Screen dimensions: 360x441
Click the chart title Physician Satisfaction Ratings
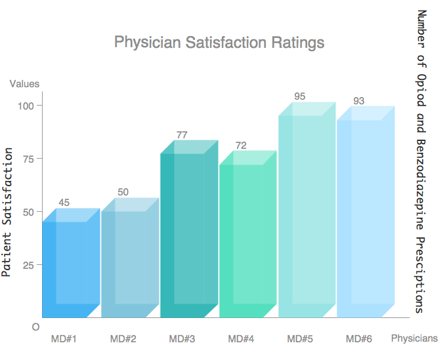219,43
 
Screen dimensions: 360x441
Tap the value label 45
64,203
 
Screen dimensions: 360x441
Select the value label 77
182,135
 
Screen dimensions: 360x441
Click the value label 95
300,96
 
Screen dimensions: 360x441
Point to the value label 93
359,100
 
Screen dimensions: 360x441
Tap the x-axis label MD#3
182,339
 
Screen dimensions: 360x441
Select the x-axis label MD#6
359,339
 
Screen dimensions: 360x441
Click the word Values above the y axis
24,83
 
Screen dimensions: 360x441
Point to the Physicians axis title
414,338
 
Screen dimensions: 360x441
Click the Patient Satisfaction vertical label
7,212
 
